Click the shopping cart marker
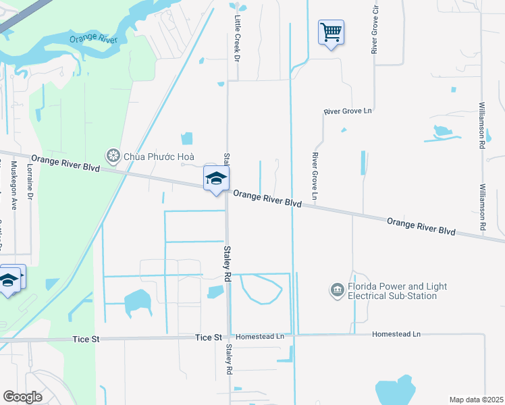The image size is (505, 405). click(331, 32)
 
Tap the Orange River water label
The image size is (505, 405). click(94, 39)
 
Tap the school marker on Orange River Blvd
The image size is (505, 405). click(216, 179)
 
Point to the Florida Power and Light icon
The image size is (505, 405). click(337, 291)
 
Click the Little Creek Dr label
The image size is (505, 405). click(237, 40)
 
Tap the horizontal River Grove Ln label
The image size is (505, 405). click(348, 111)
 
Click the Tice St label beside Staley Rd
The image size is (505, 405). click(209, 337)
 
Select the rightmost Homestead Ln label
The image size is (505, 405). click(396, 334)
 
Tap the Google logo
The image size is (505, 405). click(22, 396)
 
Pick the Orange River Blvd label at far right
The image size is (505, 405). click(421, 225)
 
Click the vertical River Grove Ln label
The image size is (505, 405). click(315, 175)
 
